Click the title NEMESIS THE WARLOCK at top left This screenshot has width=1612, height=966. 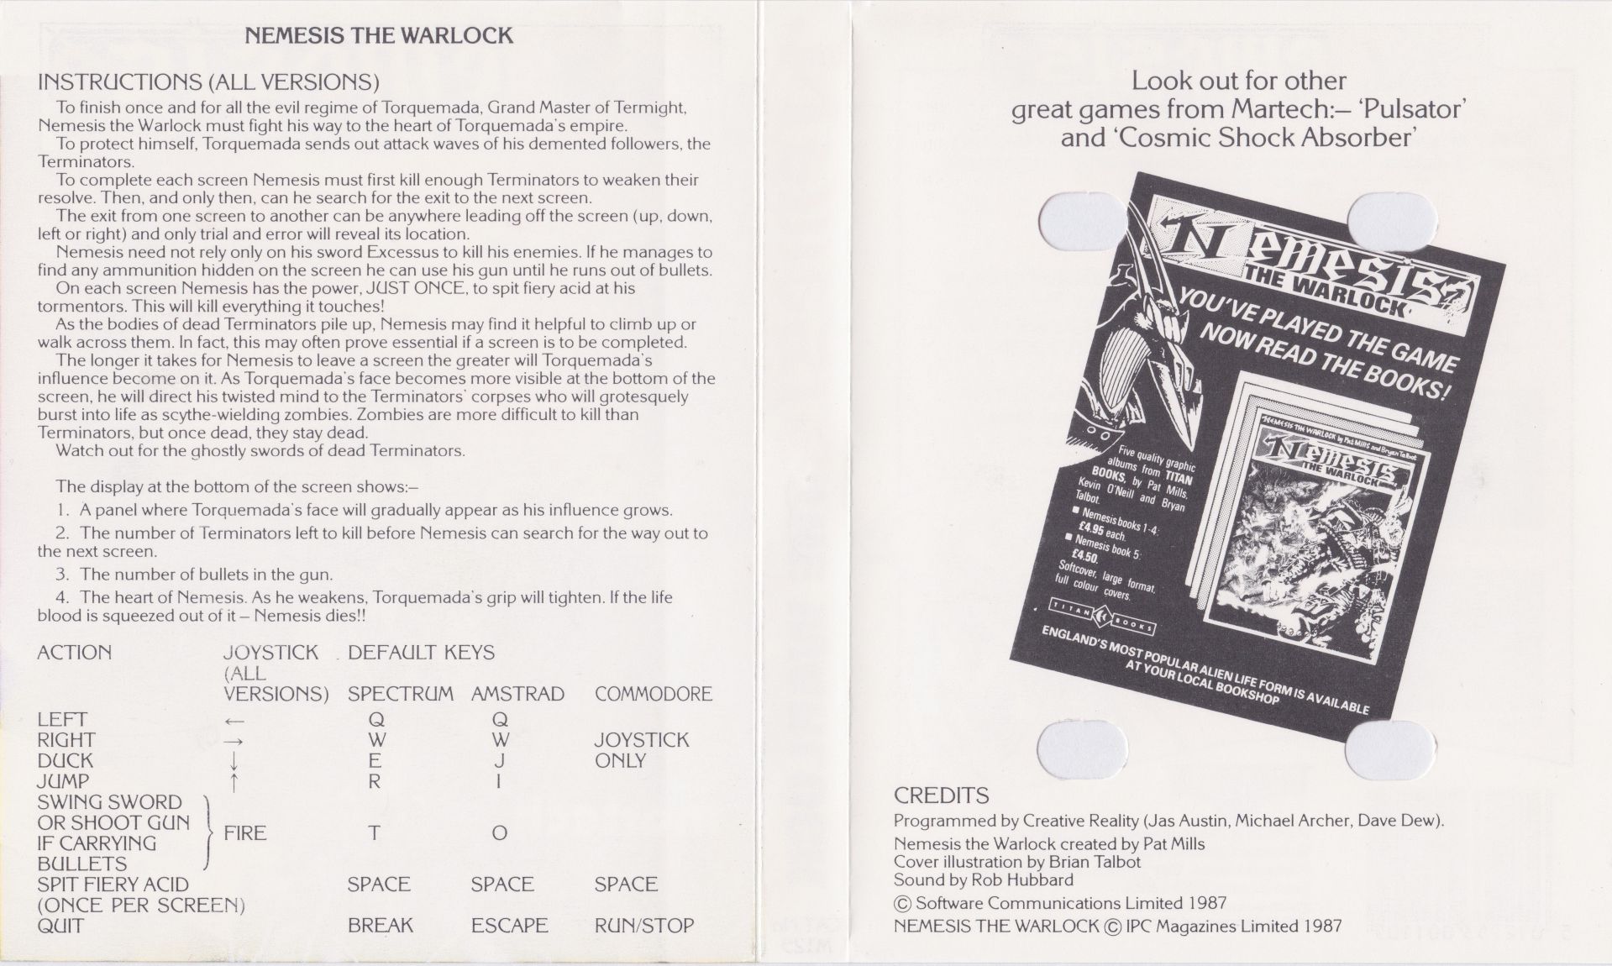coord(378,35)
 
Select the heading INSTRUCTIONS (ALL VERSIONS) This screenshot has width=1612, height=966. coord(208,81)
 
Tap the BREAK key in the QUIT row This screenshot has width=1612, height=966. coord(381,926)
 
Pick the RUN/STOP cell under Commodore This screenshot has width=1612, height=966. coord(644,926)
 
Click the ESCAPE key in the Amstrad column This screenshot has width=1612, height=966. coord(509,926)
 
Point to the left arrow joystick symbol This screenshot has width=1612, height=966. coord(234,721)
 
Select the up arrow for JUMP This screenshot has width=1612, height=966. coord(234,781)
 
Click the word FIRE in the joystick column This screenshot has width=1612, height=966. coord(245,833)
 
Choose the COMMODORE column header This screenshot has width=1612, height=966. coord(654,694)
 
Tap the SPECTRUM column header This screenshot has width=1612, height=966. coord(401,694)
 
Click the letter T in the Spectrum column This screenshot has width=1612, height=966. coord(375,833)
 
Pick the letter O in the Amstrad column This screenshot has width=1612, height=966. coord(499,833)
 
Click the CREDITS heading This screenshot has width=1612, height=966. coord(941,795)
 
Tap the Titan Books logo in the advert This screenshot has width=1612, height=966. coord(1103,618)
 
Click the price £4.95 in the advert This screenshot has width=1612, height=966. coord(1092,532)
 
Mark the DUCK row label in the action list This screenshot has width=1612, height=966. coord(65,760)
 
